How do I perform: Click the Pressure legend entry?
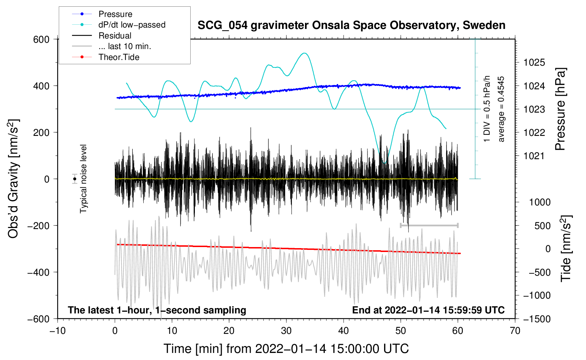point(115,14)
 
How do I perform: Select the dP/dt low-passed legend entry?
point(132,25)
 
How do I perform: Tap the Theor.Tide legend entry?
point(119,57)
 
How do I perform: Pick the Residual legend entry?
point(115,36)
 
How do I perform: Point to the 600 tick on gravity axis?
point(41,39)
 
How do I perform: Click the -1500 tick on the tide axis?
point(537,319)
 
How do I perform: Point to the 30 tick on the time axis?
point(286,331)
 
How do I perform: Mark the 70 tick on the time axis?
point(515,331)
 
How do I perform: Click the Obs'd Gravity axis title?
point(13,179)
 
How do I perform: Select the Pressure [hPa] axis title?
point(560,109)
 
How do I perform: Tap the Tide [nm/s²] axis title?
point(566,248)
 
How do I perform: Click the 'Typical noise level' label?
point(83,179)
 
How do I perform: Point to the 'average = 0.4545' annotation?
point(501,109)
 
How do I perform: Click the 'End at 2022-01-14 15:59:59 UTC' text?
point(428,310)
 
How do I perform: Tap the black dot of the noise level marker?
point(75,179)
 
